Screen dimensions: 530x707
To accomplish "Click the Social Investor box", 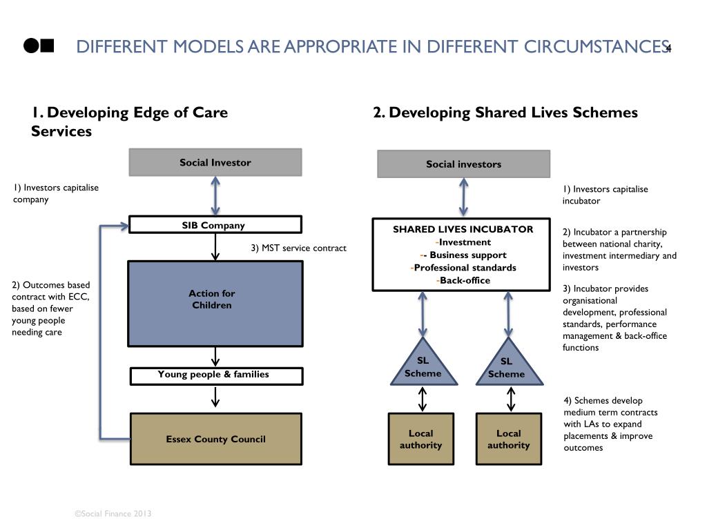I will [215, 163].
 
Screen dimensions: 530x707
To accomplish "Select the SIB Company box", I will [215, 225].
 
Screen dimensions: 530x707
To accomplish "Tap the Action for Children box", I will [215, 303].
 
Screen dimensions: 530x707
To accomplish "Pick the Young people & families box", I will [216, 375].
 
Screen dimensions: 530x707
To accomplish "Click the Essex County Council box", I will [216, 439].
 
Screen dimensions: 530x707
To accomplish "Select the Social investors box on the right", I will [463, 164].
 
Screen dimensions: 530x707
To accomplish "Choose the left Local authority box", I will [420, 439].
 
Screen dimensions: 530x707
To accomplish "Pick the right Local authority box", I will [509, 439].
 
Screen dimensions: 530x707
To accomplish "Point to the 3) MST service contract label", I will [298, 248].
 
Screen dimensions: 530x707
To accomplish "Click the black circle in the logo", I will [30, 46].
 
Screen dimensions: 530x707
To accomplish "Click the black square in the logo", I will [47, 46].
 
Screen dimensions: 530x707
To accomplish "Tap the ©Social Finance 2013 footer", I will [113, 513].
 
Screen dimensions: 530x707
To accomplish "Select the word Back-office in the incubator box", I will [465, 280].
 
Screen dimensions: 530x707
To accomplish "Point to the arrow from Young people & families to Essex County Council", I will [216, 397].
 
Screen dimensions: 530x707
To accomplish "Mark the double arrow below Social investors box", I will [463, 198].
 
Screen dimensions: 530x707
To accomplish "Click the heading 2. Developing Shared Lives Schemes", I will [505, 112].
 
